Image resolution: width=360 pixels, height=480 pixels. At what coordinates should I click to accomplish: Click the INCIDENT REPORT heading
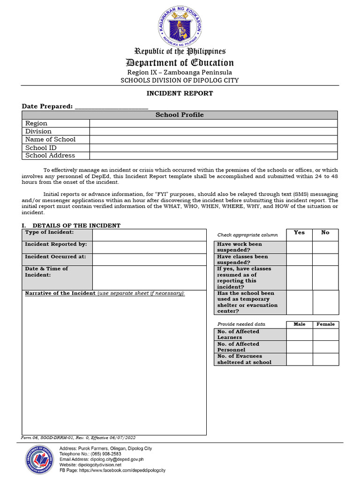[x=180, y=93]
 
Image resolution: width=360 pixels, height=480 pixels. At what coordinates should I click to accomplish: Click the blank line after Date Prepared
[x=112, y=107]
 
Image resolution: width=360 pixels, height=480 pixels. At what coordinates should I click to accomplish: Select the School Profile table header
[x=180, y=115]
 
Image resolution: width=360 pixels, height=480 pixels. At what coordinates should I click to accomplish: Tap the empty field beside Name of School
[x=213, y=139]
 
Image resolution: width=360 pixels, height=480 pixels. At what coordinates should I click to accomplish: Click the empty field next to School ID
[x=213, y=148]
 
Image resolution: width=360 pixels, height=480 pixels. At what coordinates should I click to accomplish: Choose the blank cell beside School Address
[x=213, y=156]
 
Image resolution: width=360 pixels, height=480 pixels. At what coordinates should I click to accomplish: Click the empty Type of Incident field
[x=149, y=235]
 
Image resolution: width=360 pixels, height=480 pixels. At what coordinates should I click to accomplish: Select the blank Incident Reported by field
[x=149, y=247]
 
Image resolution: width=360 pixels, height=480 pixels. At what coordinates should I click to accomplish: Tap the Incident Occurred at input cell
[x=149, y=259]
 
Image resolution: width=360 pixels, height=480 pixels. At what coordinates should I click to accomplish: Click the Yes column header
[x=299, y=233]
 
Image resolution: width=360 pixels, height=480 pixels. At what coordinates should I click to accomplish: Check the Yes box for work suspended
[x=299, y=247]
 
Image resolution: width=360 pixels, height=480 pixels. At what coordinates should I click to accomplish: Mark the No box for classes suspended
[x=325, y=259]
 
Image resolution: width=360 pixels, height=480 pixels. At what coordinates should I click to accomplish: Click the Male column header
[x=299, y=324]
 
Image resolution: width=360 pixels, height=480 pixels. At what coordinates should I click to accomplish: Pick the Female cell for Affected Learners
[x=325, y=334]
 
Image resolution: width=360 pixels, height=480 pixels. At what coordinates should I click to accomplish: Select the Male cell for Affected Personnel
[x=299, y=347]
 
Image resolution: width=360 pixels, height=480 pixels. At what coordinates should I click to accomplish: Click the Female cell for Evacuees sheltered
[x=325, y=359]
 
